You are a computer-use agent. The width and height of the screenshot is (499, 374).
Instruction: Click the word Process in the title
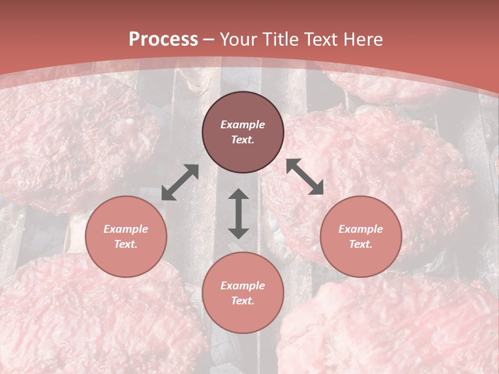click(x=163, y=39)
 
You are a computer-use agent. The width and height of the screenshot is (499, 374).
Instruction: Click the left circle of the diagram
click(x=126, y=236)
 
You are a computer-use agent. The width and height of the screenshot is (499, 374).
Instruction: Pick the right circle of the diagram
click(x=361, y=236)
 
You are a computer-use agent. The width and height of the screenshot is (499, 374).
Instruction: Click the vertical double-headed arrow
click(x=239, y=213)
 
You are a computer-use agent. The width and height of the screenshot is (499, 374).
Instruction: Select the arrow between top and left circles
click(x=180, y=182)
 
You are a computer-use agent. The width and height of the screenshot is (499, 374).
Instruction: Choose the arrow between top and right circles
click(x=305, y=177)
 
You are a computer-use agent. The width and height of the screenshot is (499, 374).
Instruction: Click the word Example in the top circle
click(x=243, y=125)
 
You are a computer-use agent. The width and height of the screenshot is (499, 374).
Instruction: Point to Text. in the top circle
click(x=243, y=140)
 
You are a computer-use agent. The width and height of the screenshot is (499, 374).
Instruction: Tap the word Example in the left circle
click(x=126, y=229)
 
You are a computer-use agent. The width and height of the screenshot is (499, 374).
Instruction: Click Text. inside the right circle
click(x=361, y=244)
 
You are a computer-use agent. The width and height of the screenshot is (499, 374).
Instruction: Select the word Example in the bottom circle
click(x=243, y=286)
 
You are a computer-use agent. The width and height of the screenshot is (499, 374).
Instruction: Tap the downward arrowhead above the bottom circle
click(x=239, y=233)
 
